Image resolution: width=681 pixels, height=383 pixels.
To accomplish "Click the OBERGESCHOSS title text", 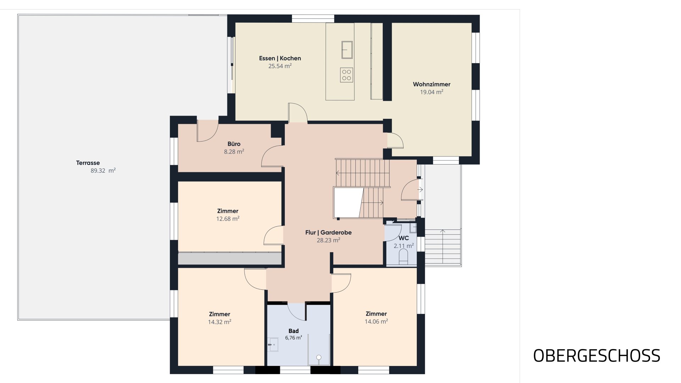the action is [x=597, y=356].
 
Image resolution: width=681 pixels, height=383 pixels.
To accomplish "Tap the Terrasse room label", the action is [x=88, y=163].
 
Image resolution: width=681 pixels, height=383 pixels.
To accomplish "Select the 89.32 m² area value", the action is [x=103, y=171].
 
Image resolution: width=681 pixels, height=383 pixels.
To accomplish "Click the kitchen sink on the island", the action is [x=347, y=50].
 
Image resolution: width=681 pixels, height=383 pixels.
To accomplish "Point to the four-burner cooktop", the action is [x=347, y=75].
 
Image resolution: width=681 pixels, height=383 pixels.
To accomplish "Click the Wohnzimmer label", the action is [x=432, y=84].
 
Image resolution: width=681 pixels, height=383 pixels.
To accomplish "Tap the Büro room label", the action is [x=234, y=144].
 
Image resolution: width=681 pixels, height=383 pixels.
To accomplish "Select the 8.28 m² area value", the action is [x=234, y=152].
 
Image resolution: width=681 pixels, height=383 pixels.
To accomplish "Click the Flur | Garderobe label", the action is [x=328, y=233].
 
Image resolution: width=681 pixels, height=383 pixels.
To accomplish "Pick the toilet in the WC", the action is [x=404, y=256].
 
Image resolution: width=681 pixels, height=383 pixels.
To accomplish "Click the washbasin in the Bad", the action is [x=273, y=344].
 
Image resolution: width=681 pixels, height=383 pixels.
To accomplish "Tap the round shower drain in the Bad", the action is [x=319, y=357].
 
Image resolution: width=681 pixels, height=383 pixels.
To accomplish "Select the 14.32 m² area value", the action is [x=220, y=322].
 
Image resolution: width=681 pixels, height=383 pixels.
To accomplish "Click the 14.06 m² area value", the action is [x=376, y=322].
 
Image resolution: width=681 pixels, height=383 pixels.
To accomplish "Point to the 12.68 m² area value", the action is [x=228, y=219].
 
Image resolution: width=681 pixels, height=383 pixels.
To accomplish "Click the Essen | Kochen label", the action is [x=280, y=59].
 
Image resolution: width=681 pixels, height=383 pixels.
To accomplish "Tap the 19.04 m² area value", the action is [x=432, y=92].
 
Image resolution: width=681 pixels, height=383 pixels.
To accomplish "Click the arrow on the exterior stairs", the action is [x=443, y=247].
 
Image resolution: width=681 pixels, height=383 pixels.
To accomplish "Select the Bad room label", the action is [x=294, y=331].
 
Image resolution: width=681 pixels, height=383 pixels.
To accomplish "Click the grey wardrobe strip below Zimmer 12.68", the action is [x=229, y=258].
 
